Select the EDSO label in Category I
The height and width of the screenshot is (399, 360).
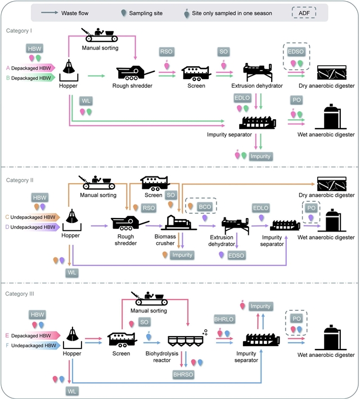tap(296, 52)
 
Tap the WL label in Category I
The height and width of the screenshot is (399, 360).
tap(86, 101)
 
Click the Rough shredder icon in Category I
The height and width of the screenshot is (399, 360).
tap(136, 73)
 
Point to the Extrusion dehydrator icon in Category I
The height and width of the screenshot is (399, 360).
tap(262, 72)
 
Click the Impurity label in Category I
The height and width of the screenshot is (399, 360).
tap(261, 156)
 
